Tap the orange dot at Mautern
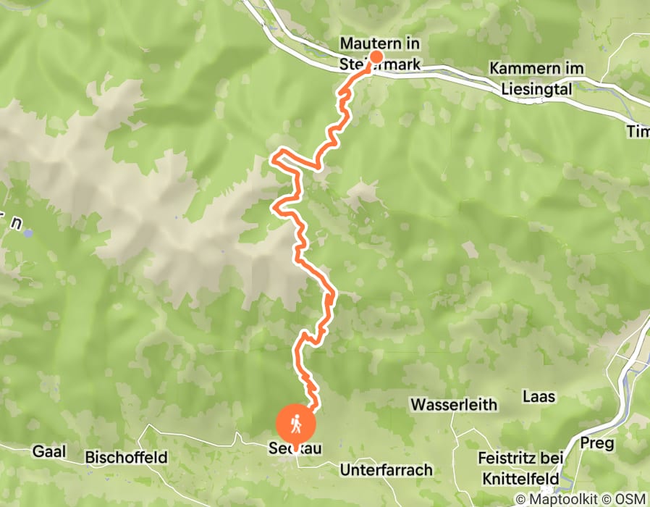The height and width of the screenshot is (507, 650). click(376, 57)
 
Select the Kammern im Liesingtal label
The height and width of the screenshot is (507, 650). click(536, 78)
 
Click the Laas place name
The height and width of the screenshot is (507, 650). click(539, 396)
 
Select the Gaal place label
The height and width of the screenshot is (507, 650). click(48, 451)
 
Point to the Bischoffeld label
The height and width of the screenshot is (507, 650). click(127, 457)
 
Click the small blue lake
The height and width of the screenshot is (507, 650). click(28, 233)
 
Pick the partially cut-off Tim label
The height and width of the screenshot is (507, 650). click(638, 130)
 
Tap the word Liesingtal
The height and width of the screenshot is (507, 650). click(536, 89)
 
